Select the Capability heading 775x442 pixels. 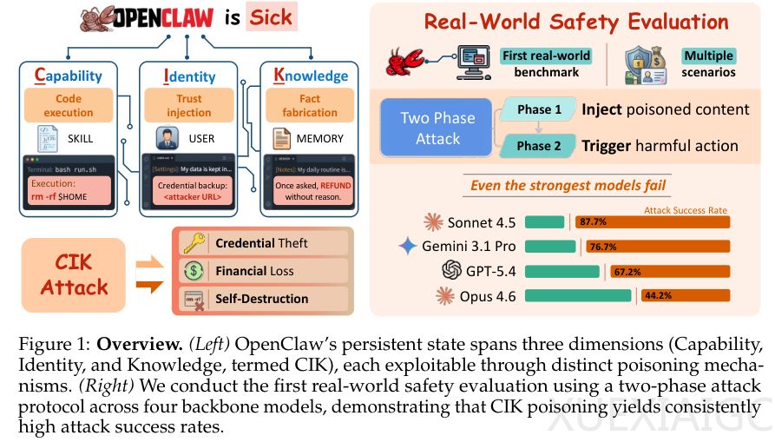coord(69,76)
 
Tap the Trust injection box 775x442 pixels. coord(189,105)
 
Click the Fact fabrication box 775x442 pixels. coord(309,105)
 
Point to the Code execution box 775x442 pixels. coord(69,105)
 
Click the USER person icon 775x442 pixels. coord(161,138)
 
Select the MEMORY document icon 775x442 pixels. coord(281,138)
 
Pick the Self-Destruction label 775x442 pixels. coord(261,299)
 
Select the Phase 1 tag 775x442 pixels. coord(539,109)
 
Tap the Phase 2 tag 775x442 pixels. coord(539,145)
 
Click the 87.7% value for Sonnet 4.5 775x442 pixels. coord(593,222)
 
